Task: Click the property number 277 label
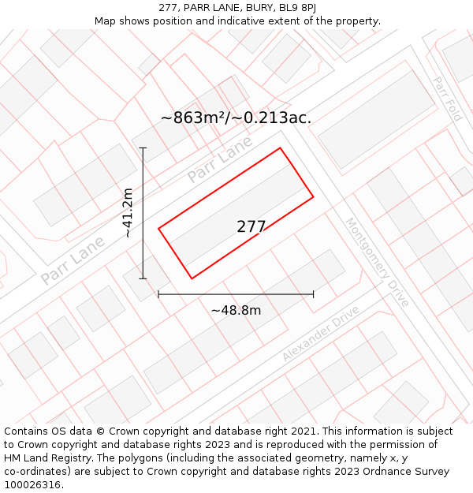pyautogui.click(x=251, y=226)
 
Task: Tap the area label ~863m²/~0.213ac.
pyautogui.click(x=236, y=118)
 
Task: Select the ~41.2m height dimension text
pyautogui.click(x=128, y=213)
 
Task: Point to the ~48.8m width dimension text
pyautogui.click(x=236, y=310)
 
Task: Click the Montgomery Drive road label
pyautogui.click(x=378, y=262)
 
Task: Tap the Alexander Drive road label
pyautogui.click(x=321, y=333)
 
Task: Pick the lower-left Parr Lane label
pyautogui.click(x=73, y=260)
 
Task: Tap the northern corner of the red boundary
pyautogui.click(x=280, y=148)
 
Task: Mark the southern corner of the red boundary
pyautogui.click(x=192, y=278)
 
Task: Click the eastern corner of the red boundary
pyautogui.click(x=314, y=196)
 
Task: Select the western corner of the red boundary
pyautogui.click(x=158, y=229)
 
